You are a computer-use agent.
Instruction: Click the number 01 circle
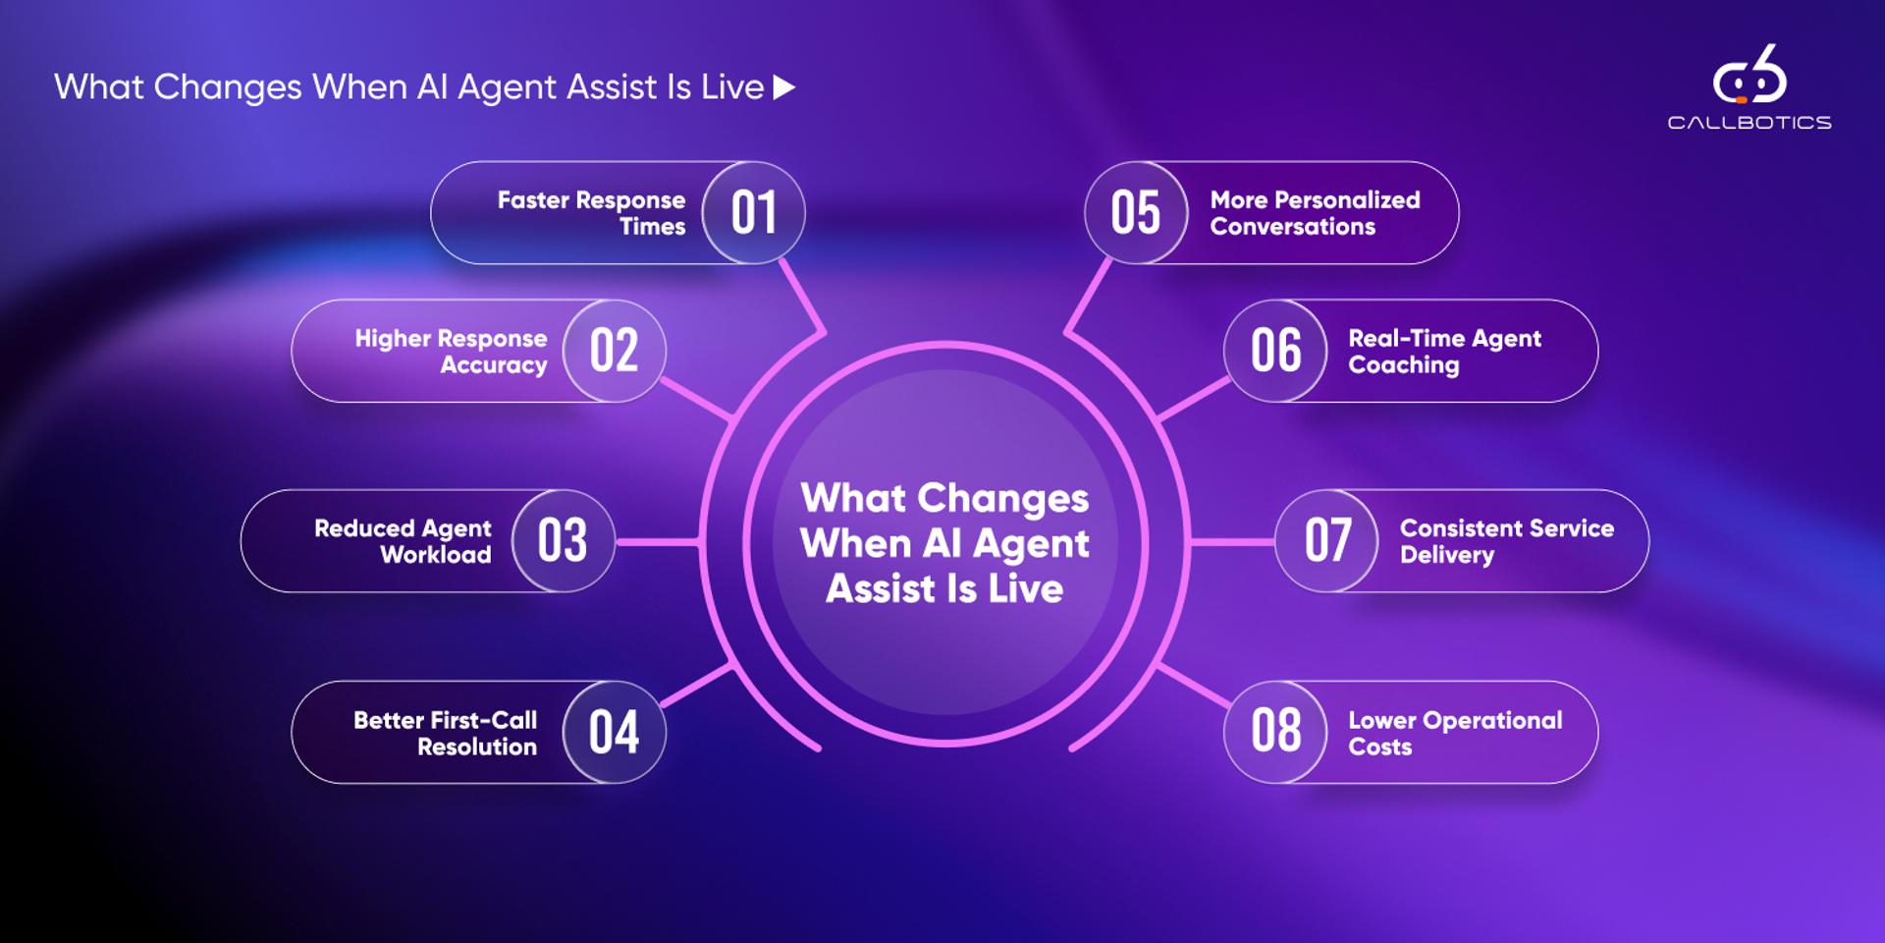point(753,212)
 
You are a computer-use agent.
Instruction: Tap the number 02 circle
point(615,351)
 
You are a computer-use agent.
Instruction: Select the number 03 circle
point(564,540)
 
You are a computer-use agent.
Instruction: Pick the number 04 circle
point(615,732)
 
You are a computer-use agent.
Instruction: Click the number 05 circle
point(1136,212)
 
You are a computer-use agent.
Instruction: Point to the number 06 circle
point(1275,351)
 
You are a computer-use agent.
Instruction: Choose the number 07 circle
point(1326,540)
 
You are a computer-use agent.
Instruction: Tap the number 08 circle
point(1275,732)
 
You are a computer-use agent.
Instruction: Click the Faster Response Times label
point(591,213)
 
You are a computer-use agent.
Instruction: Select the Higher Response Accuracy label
point(451,352)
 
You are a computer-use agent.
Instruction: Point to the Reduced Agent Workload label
point(403,541)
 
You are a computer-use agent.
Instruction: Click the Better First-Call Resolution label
point(445,733)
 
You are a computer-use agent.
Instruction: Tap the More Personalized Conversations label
point(1315,213)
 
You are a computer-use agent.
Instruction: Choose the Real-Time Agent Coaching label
point(1444,352)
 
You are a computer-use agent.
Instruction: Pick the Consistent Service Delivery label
point(1506,541)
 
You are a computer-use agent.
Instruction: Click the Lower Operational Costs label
point(1455,733)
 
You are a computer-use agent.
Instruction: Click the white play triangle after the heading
point(783,87)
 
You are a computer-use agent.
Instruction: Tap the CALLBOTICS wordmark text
point(1750,123)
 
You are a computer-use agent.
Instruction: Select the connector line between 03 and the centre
point(656,541)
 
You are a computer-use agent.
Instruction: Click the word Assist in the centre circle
point(881,588)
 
